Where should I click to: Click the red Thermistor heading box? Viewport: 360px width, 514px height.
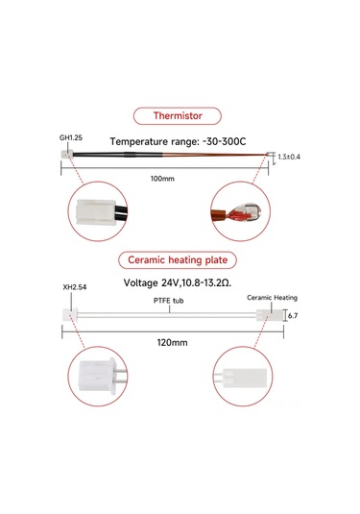pos(180,117)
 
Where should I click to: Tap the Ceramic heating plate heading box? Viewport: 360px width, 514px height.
pos(180,260)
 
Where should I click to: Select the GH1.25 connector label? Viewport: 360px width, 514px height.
pos(71,138)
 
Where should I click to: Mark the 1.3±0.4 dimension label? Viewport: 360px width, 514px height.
pos(288,157)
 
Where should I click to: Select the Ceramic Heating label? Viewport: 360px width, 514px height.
pos(272,298)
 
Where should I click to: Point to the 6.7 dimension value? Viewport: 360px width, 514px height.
pos(293,314)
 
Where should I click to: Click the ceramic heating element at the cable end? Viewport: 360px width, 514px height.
pos(268,314)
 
